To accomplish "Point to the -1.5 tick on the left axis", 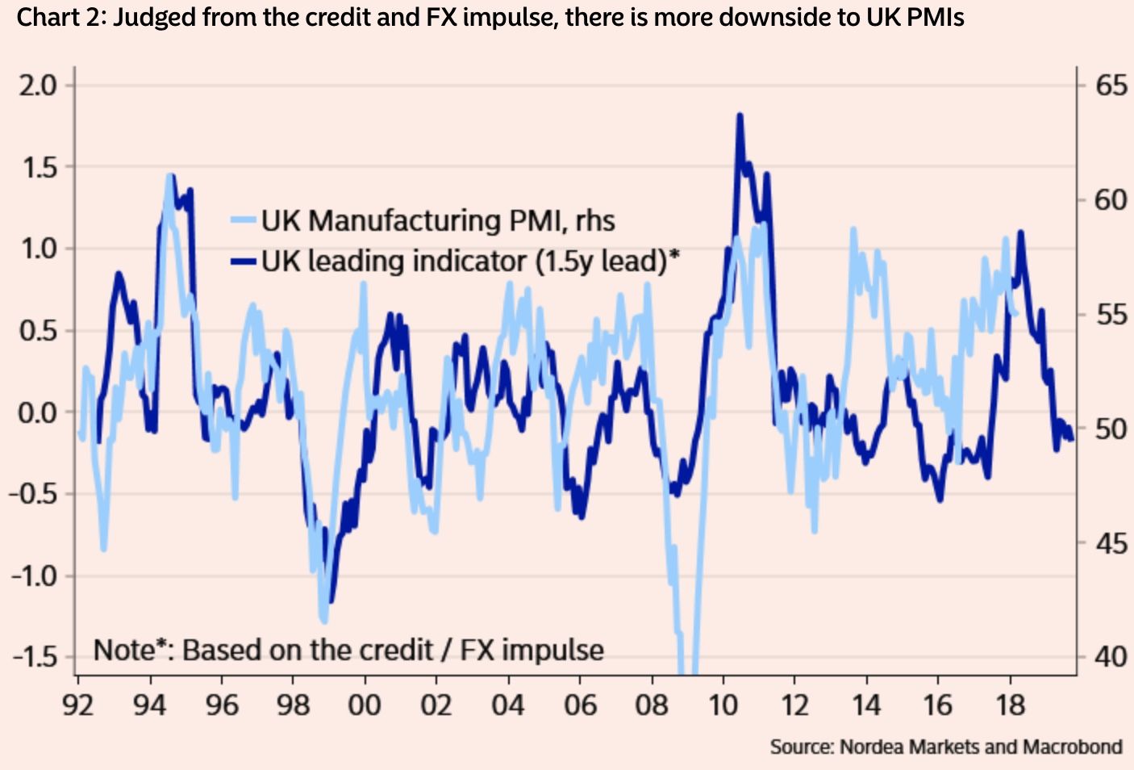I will (35, 657).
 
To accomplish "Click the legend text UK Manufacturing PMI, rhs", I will (437, 220).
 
